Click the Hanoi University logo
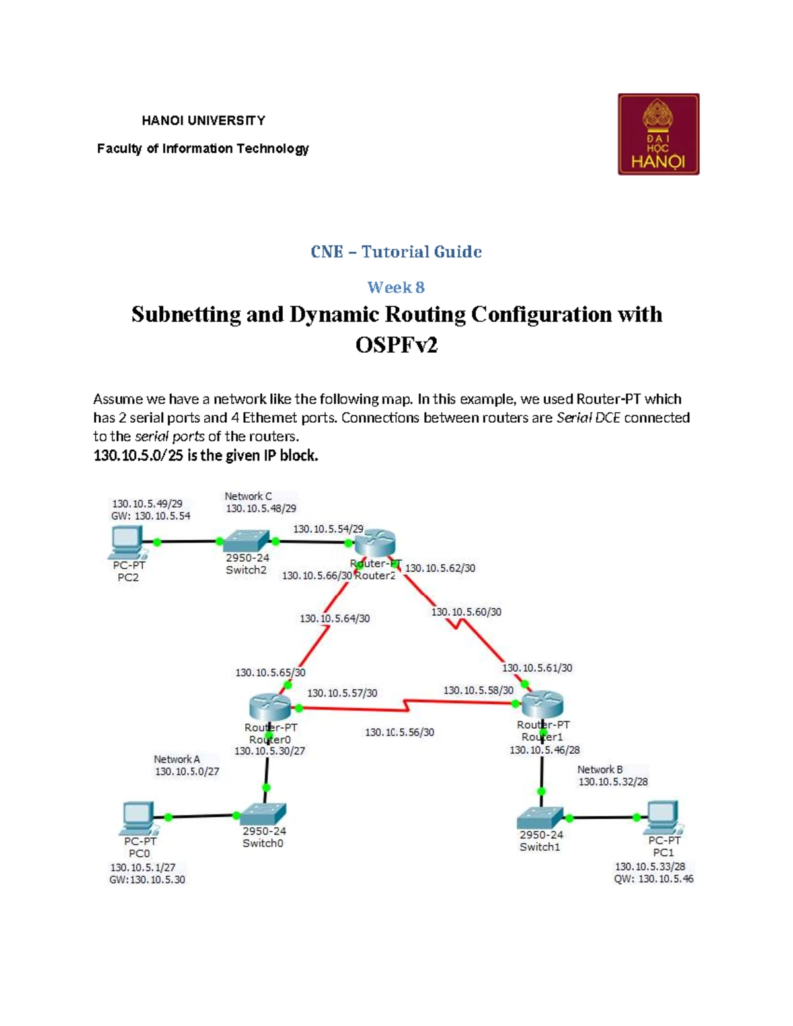point(658,134)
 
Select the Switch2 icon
point(246,541)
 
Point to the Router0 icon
point(270,708)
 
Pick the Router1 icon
point(543,704)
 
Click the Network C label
point(248,496)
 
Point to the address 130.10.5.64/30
point(335,618)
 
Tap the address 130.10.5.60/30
point(466,612)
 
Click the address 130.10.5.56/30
point(400,732)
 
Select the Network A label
point(177,759)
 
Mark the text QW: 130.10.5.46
point(654,879)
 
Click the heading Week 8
point(397,287)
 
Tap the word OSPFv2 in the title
point(397,345)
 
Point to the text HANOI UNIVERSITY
point(204,121)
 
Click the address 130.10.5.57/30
point(342,693)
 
